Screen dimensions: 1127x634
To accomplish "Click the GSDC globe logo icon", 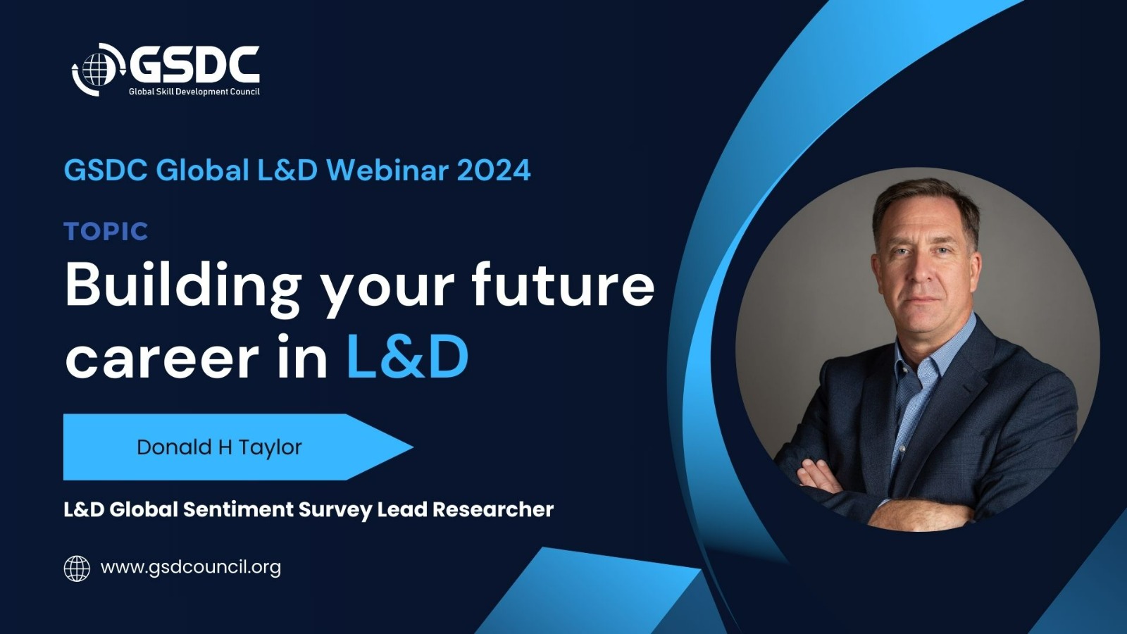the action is [x=98, y=70].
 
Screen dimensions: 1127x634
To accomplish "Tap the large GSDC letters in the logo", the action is [x=194, y=65].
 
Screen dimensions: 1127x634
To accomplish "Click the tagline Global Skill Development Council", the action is [x=194, y=92].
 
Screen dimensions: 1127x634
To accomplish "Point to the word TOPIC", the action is [x=106, y=232].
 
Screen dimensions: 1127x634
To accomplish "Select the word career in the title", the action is [x=162, y=358].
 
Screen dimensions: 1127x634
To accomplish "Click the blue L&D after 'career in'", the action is [x=408, y=356].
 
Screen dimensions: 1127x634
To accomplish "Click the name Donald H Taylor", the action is [x=219, y=447].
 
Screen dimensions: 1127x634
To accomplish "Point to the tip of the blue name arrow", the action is [x=413, y=447].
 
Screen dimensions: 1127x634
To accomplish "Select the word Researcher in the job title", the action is [x=493, y=509].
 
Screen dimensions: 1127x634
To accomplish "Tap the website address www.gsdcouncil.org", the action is [x=191, y=568].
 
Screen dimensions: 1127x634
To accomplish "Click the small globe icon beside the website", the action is [x=77, y=568].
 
